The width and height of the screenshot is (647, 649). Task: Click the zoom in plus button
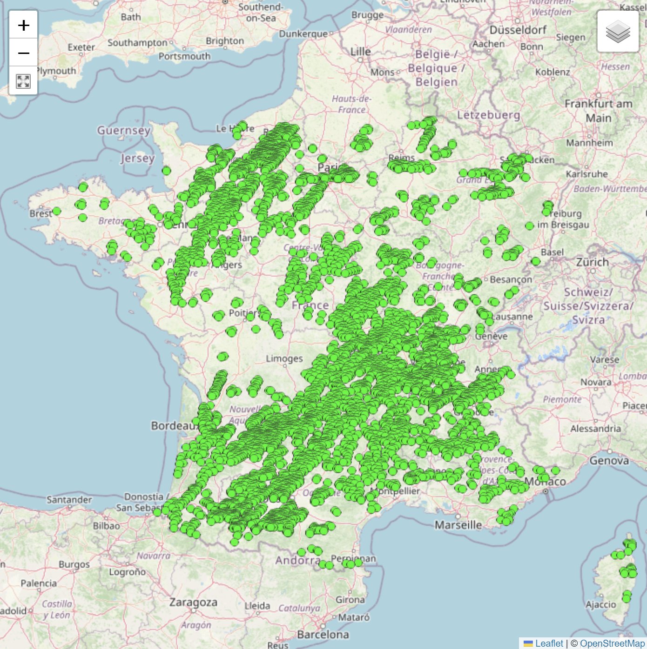(x=23, y=25)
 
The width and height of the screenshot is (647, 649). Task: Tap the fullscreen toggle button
(x=23, y=81)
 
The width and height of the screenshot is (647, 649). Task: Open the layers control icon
(x=618, y=32)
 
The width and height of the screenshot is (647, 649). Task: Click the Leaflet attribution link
(x=549, y=643)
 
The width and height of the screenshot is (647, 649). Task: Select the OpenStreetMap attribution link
(x=612, y=643)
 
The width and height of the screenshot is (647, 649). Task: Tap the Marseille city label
(x=458, y=525)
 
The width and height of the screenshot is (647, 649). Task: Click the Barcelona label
(x=323, y=634)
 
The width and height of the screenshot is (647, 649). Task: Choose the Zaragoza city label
(x=193, y=602)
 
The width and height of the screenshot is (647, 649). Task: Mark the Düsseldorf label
(x=518, y=30)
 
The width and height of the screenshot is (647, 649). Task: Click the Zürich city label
(x=592, y=262)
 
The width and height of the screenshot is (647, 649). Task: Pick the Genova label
(x=609, y=461)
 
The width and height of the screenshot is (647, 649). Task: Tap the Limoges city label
(x=284, y=358)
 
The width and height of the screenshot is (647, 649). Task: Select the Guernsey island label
(x=123, y=130)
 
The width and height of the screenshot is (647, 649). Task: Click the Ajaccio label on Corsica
(x=600, y=604)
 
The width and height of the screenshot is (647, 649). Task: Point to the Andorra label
(x=298, y=560)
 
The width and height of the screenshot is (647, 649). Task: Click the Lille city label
(x=360, y=52)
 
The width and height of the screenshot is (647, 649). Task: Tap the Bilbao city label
(x=106, y=526)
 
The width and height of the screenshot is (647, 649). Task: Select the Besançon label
(x=511, y=279)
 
